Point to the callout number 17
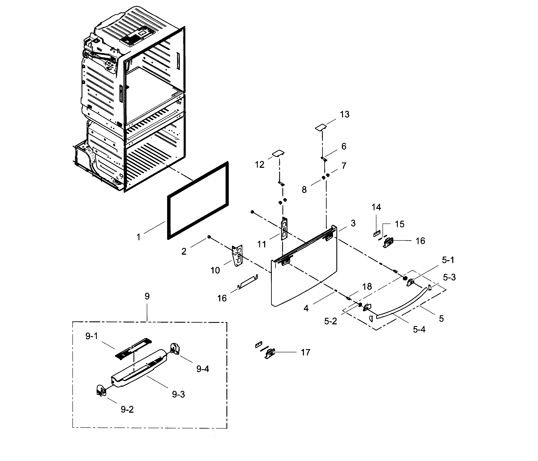305,353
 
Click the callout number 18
367,286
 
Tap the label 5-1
448,260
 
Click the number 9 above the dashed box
147,296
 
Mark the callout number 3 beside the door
353,223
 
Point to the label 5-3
449,277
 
